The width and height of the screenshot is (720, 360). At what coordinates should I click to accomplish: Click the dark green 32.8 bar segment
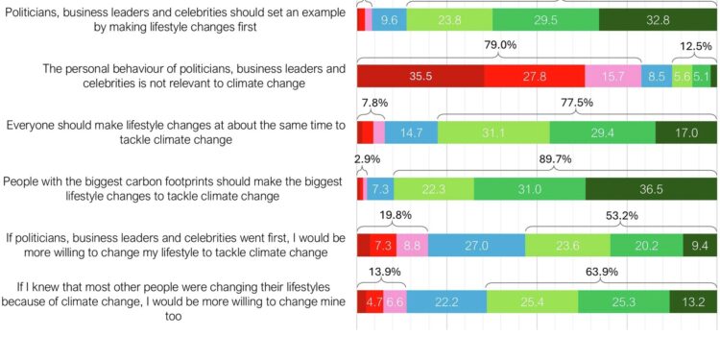[x=658, y=19]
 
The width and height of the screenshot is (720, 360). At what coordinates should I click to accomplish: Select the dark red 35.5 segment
[x=420, y=76]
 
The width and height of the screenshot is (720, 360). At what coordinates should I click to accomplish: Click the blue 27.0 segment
[x=476, y=245]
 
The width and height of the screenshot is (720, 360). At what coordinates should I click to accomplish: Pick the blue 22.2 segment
[x=446, y=301]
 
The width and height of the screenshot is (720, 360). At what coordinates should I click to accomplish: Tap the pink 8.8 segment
[x=412, y=245]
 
